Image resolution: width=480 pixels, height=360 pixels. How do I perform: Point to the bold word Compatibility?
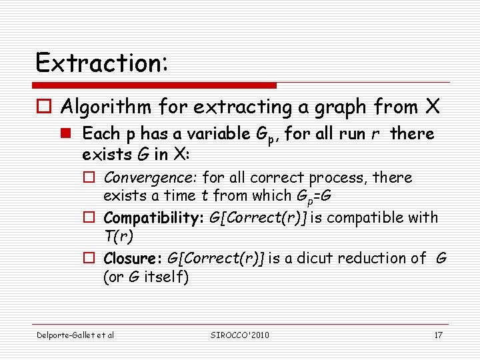point(151,218)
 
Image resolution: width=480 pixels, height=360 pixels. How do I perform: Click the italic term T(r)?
point(117,237)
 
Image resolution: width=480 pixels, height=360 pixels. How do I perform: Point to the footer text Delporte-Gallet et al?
point(75,335)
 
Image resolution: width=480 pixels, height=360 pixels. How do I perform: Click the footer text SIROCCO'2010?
point(239,335)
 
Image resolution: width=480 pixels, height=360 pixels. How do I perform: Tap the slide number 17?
point(438,335)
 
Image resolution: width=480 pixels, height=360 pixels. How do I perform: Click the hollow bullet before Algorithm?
point(44,107)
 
